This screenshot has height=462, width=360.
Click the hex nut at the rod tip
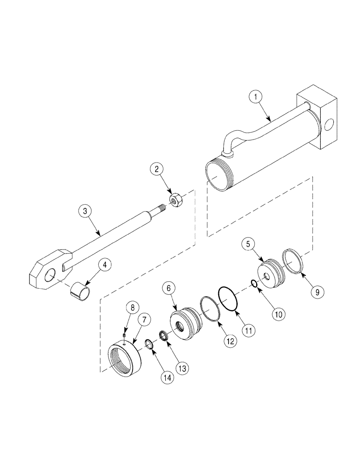click(175, 202)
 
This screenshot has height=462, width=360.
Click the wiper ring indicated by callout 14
click(149, 343)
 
